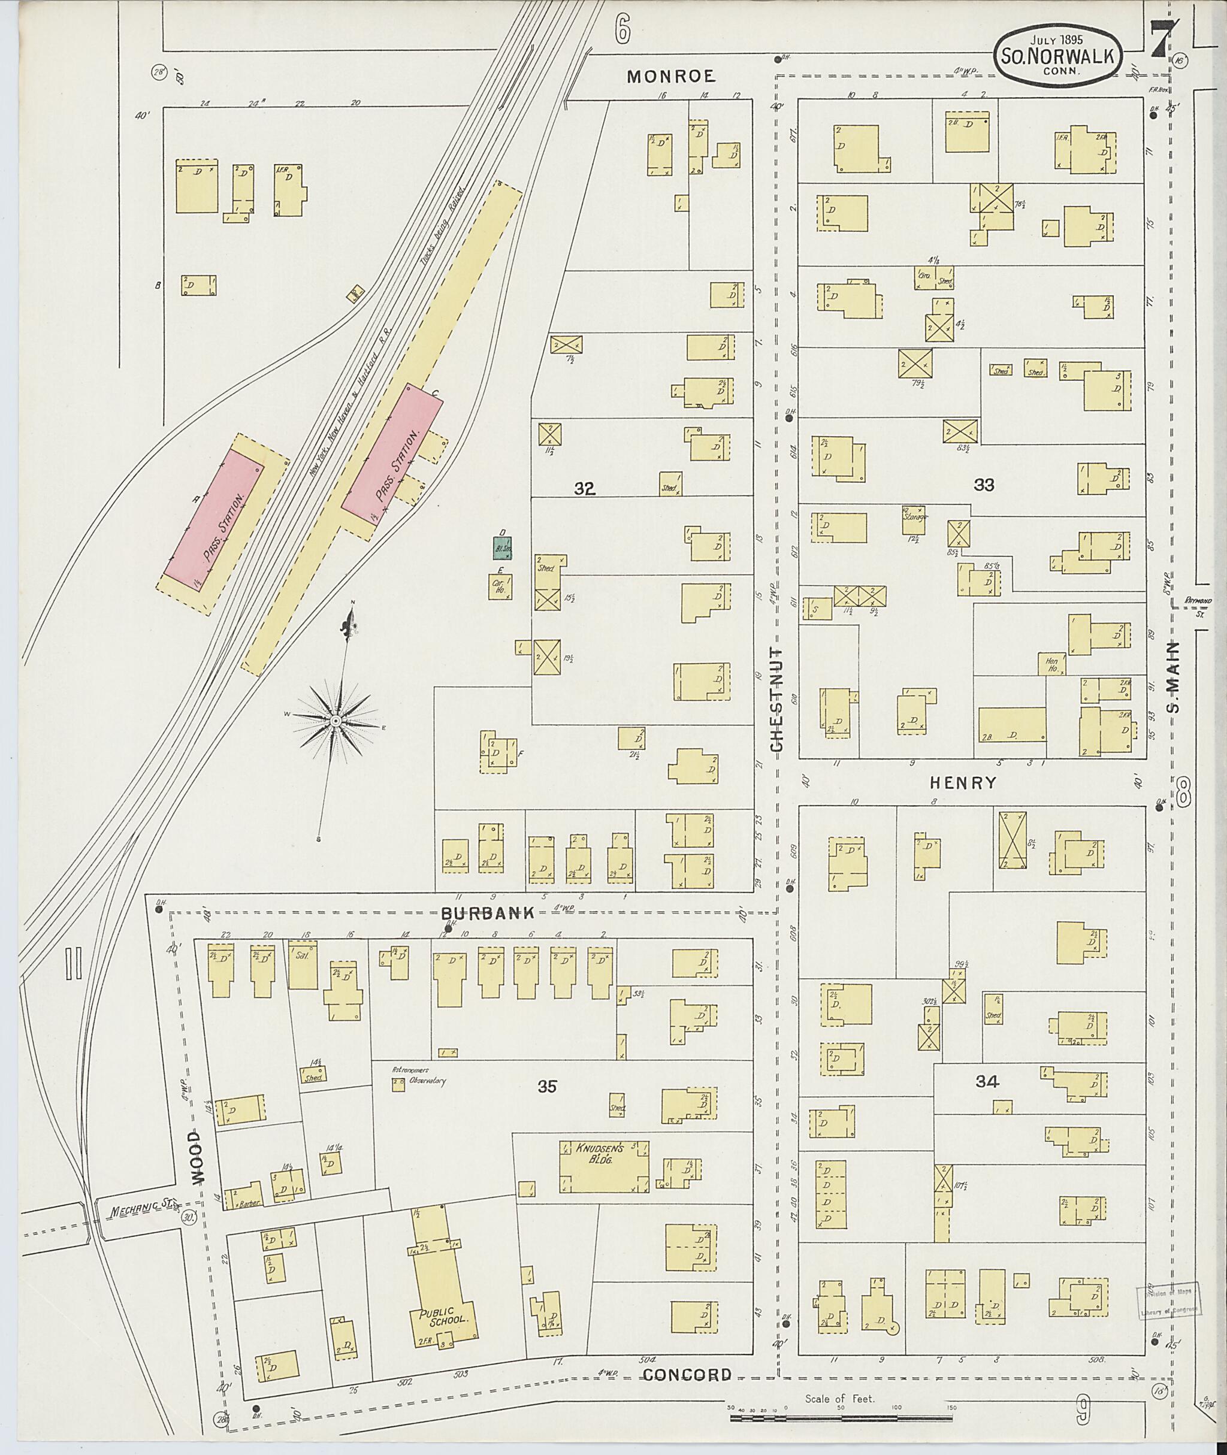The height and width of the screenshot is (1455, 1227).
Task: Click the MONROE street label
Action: click(670, 77)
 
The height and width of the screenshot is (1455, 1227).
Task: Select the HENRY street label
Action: click(963, 783)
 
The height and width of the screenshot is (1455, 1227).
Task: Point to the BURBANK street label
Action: click(489, 912)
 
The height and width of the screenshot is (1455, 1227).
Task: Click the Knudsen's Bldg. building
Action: click(604, 1166)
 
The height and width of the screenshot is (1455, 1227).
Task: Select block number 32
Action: click(584, 489)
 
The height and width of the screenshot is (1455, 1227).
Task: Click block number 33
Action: click(984, 485)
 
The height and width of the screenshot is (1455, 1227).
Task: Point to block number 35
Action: click(548, 1085)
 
